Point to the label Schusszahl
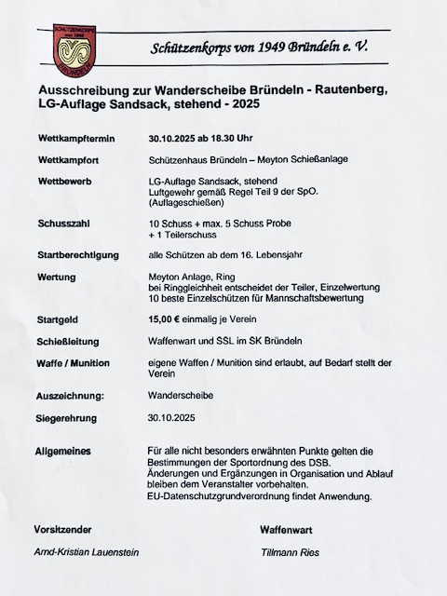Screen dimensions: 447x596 pos(63,225)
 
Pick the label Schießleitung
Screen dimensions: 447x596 pos(69,341)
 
